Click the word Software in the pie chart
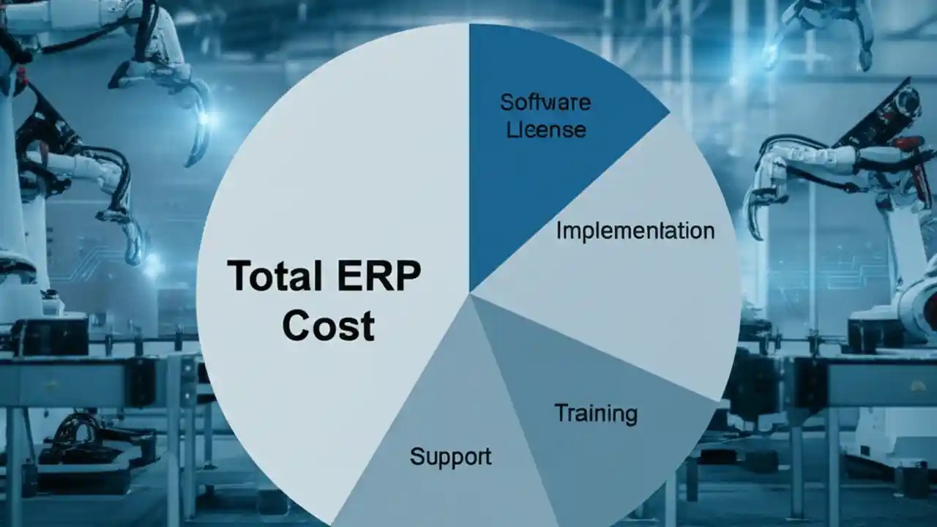click(x=545, y=102)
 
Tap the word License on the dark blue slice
click(x=546, y=130)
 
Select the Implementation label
click(x=635, y=231)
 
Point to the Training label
click(x=596, y=414)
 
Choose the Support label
click(x=450, y=457)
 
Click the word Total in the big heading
click(x=275, y=277)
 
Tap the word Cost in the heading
click(x=328, y=326)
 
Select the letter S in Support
click(x=416, y=457)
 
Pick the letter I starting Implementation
click(x=559, y=231)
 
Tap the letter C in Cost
click(x=297, y=326)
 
